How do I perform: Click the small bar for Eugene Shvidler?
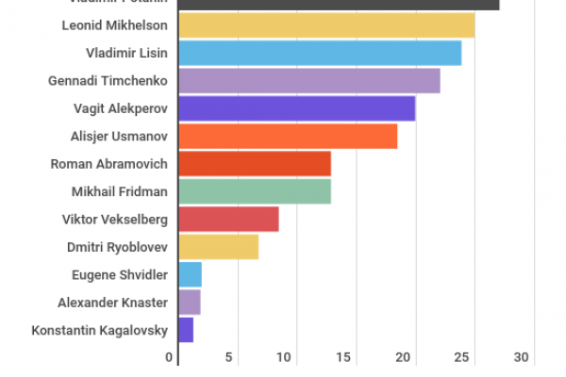[190, 274]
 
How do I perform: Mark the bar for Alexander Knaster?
[189, 303]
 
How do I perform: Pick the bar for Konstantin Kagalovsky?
[186, 330]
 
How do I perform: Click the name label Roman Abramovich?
[108, 164]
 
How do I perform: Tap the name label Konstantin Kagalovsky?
[99, 330]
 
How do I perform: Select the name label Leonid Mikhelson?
[114, 25]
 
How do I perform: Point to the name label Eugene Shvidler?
[120, 274]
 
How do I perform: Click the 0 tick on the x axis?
[171, 358]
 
